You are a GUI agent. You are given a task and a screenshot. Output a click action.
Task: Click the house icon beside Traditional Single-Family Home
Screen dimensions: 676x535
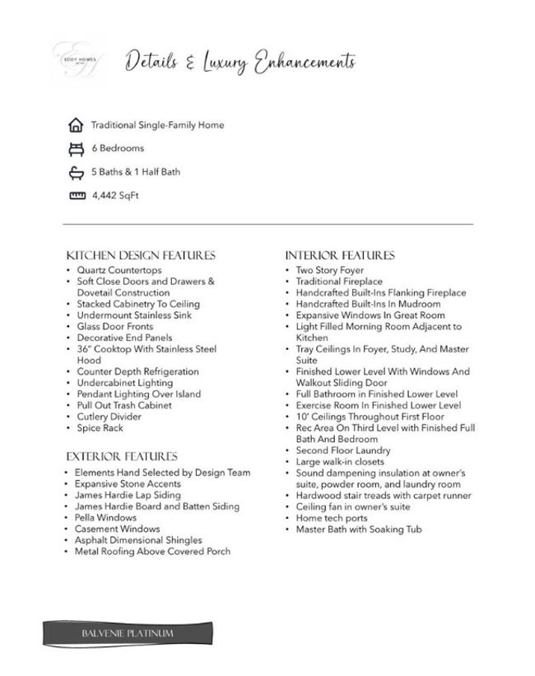pos(77,126)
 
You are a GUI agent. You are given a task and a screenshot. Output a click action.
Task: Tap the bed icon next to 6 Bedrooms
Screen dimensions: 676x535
pos(77,149)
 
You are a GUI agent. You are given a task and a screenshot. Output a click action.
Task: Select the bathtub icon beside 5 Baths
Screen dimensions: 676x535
pos(77,173)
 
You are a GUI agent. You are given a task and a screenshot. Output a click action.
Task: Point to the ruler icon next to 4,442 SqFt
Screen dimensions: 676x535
pos(77,196)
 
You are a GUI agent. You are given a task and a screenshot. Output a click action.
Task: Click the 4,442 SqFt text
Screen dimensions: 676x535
pos(115,196)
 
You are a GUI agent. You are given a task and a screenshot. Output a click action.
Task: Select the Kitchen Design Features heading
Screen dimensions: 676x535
pos(141,255)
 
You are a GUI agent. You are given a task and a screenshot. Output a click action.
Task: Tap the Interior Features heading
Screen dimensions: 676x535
pos(339,255)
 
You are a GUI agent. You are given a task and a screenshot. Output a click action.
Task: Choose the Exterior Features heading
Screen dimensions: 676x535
pos(122,456)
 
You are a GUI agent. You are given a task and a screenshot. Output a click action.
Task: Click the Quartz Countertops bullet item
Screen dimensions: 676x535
pos(119,270)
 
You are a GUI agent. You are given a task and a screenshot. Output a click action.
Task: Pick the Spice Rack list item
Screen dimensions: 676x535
pos(100,428)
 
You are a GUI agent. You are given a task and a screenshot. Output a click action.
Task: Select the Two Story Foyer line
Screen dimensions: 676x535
pos(329,270)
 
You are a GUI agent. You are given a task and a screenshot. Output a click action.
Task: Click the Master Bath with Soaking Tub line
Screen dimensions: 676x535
pos(359,529)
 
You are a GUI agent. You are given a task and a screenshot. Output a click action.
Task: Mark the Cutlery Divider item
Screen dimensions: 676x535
pos(109,417)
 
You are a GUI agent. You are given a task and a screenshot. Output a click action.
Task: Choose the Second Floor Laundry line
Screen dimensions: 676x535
pos(343,450)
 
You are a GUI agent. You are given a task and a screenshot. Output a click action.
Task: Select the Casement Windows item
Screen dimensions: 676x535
pos(117,529)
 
